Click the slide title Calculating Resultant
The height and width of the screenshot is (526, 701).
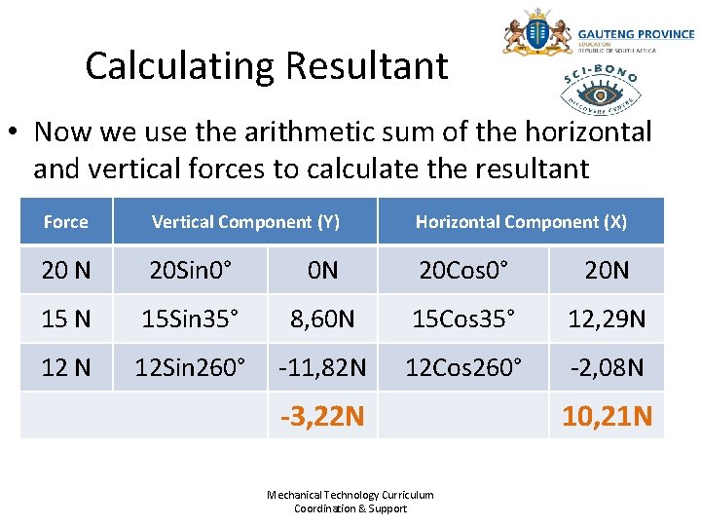click(266, 66)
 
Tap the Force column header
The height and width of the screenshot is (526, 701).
click(65, 222)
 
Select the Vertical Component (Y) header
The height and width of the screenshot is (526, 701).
click(245, 222)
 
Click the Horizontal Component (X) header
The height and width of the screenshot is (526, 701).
click(521, 222)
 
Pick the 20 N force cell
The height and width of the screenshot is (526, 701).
click(65, 270)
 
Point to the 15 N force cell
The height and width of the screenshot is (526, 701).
click(65, 319)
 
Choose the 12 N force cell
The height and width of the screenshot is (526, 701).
click(65, 367)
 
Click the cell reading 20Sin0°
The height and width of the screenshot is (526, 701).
click(191, 270)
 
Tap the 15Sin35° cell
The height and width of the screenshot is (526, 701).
click(191, 319)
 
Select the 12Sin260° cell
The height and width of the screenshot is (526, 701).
click(191, 367)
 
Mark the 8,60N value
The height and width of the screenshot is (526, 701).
click(322, 319)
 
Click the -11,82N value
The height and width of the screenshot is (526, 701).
click(322, 367)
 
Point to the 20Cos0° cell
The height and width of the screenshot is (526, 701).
click(463, 270)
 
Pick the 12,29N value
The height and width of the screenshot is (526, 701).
click(607, 319)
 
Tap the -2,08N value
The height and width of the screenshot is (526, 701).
click(607, 367)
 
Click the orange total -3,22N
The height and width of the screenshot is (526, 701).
click(322, 417)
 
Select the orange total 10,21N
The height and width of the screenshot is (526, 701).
click(607, 417)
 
